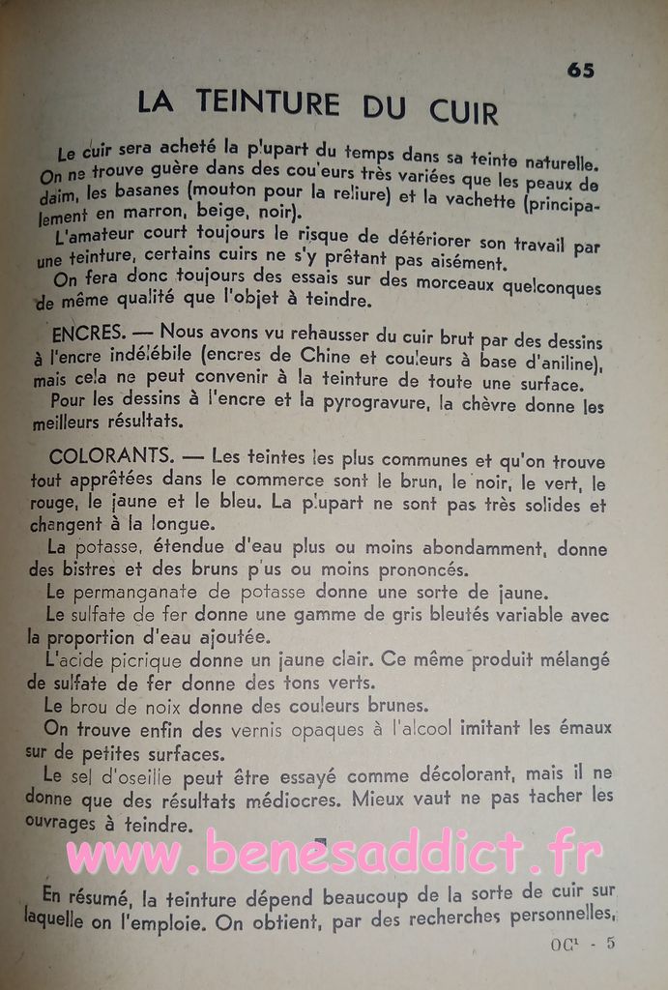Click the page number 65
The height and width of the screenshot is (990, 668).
tap(580, 71)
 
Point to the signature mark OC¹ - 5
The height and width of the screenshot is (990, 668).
tap(583, 945)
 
